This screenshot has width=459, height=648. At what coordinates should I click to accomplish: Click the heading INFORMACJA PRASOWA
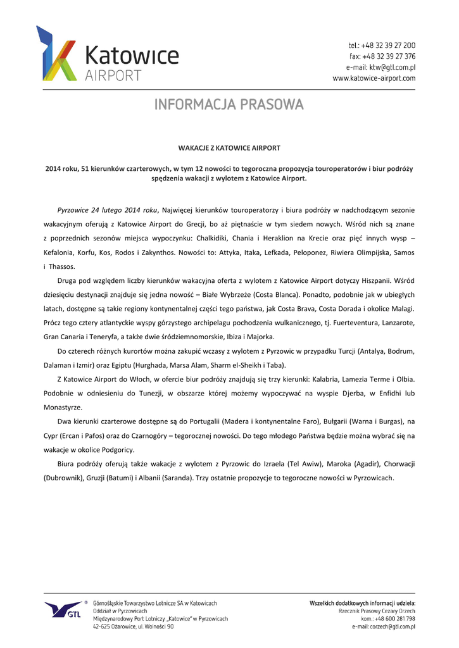click(x=229, y=104)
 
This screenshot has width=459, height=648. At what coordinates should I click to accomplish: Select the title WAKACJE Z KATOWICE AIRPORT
click(x=229, y=148)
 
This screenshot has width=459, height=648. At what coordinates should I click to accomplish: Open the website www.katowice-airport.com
click(x=374, y=78)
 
